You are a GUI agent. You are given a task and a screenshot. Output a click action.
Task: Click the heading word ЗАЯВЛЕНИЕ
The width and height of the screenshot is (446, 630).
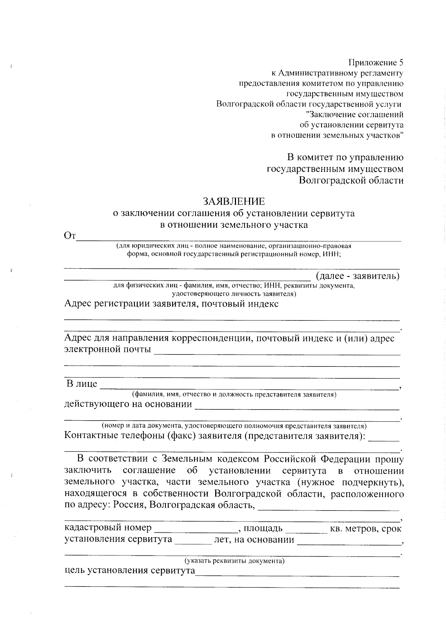point(234,201)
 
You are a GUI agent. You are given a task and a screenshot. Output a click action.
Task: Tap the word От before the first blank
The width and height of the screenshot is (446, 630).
point(70,236)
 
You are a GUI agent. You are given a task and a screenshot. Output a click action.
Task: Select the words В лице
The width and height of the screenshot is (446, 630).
point(81,384)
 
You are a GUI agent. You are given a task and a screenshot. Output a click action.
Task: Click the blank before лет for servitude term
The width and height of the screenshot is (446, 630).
point(193,541)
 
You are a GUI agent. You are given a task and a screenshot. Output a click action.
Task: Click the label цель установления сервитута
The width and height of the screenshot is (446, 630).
point(130,571)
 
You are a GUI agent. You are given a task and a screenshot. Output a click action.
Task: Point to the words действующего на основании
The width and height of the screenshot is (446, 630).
point(128,404)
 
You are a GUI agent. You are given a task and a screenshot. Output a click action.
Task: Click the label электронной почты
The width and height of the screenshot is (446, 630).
point(108,349)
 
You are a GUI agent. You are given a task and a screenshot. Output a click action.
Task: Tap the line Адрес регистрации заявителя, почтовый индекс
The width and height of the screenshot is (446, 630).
point(171,304)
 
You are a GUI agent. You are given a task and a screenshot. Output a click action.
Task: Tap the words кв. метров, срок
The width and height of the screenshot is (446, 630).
point(366,528)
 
